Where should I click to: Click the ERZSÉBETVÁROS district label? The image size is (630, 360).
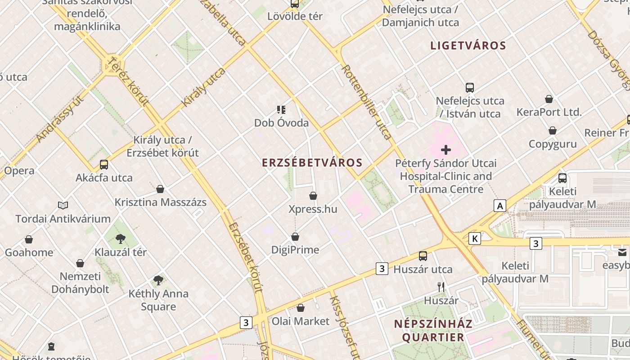312,163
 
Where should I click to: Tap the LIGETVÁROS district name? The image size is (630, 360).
468,45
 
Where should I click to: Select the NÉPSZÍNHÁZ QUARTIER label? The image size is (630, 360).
433,330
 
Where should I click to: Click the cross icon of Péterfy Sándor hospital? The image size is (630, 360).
446,149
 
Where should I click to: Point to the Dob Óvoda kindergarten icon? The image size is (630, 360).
281,109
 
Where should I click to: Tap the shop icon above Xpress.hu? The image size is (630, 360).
313,196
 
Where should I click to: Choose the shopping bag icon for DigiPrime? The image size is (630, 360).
295,236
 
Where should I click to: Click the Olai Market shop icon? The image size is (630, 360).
301,308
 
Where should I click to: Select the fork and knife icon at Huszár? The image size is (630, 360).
441,287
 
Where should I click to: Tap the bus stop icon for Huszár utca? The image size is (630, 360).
423,256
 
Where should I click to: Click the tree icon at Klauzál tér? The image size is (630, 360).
120,238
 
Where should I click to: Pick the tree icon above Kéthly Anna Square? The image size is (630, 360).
158,280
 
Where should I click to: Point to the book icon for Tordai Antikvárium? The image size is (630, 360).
63,205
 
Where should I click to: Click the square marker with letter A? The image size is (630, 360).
499,206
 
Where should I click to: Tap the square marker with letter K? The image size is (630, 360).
474,238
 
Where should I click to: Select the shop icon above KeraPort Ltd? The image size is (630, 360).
549,99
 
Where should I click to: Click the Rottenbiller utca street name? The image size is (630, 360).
366,102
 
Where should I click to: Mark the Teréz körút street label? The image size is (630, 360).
128,81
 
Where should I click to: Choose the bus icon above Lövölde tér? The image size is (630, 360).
295,4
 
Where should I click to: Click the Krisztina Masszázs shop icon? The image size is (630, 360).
160,189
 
